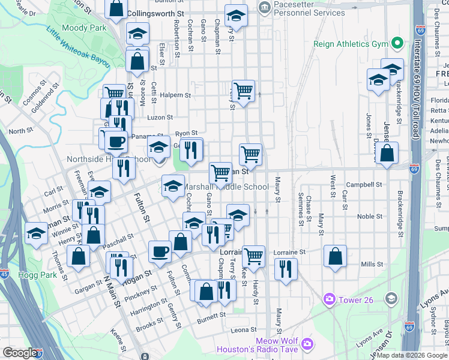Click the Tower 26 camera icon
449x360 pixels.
pyautogui.click(x=328, y=299)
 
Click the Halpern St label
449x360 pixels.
pyautogui.click(x=173, y=95)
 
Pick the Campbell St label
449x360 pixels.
pyautogui.click(x=369, y=185)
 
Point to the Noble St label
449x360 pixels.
pyautogui.click(x=370, y=216)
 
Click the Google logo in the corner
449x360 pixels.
pyautogui.click(x=20, y=353)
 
